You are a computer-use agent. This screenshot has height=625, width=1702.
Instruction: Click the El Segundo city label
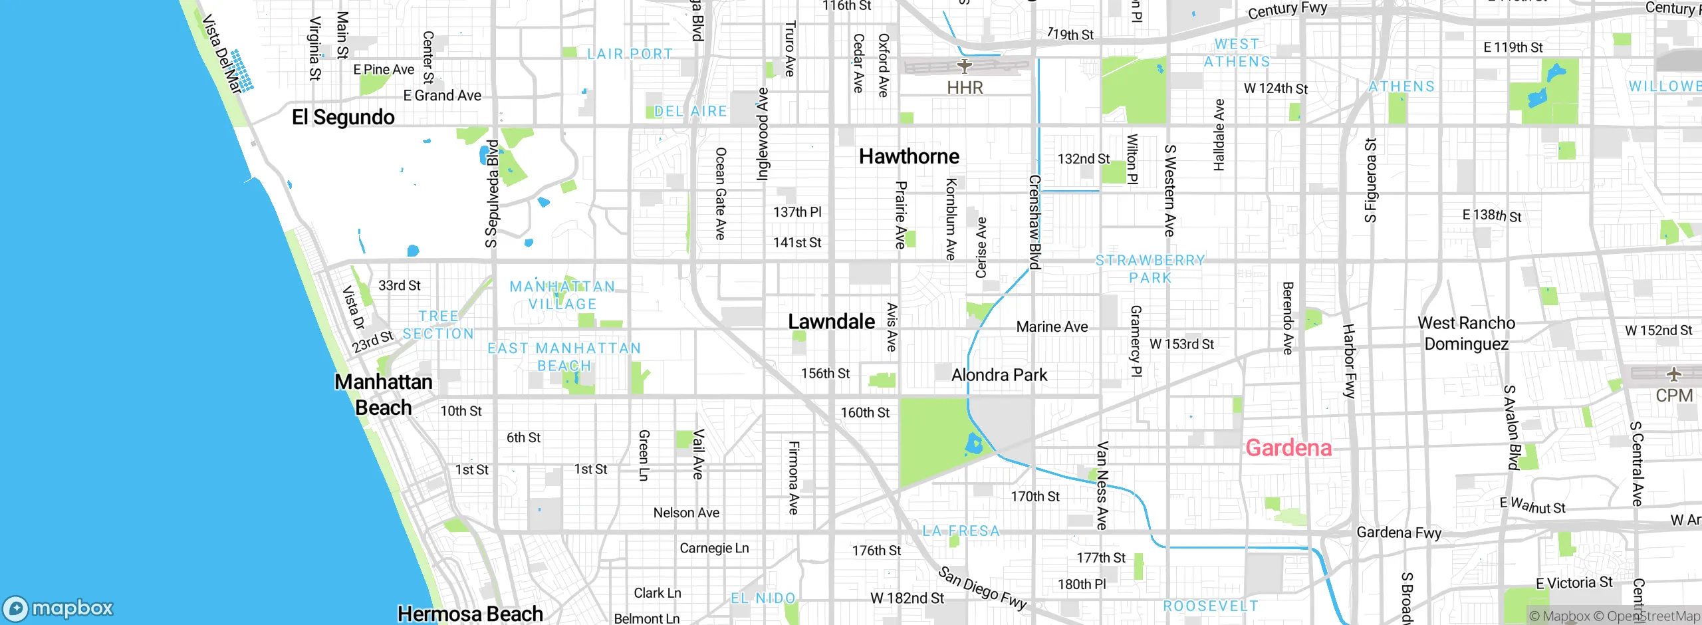click(343, 117)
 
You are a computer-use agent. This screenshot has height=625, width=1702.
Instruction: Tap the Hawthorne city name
click(909, 156)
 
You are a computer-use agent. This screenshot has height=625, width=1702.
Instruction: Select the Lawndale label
click(831, 322)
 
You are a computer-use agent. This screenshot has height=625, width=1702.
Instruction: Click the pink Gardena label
click(1288, 448)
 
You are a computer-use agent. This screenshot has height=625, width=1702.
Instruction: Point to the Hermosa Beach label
click(470, 614)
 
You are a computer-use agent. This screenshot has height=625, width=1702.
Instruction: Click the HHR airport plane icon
click(965, 66)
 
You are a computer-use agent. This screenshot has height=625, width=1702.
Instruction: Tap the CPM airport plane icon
click(1673, 374)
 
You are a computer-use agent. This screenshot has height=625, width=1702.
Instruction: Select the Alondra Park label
click(999, 375)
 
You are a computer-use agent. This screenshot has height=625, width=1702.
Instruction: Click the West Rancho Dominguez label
click(1466, 334)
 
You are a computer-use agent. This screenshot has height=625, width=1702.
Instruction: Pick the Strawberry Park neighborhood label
click(1150, 269)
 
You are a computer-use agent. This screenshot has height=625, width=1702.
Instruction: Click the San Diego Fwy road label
click(983, 588)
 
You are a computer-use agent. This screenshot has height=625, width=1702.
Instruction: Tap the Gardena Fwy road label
click(1399, 533)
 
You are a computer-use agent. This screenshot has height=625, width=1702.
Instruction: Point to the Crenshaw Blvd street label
click(1034, 221)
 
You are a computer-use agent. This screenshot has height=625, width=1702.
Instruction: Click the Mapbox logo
click(59, 608)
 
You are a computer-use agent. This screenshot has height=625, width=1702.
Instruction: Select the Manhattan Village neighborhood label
click(562, 295)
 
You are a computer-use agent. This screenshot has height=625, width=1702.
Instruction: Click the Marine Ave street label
click(1052, 326)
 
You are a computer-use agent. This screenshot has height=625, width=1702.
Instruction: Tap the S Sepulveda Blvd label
click(491, 193)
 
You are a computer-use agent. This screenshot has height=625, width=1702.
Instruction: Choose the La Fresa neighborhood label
click(961, 531)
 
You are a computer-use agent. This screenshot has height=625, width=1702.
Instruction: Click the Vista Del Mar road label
click(221, 53)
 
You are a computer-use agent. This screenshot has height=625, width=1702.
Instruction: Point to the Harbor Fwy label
click(1348, 361)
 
